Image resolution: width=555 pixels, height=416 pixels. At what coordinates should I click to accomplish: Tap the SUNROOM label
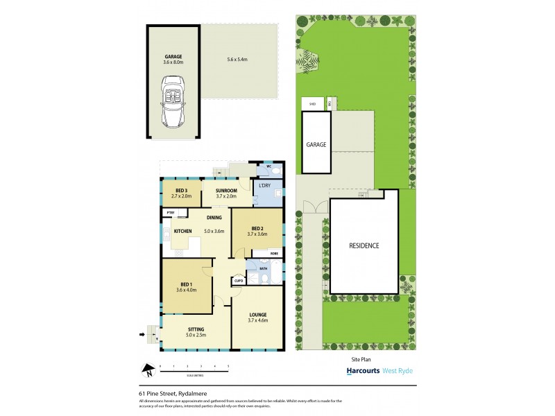pos(226,193)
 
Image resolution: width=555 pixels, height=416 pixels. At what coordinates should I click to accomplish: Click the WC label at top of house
pos(269,166)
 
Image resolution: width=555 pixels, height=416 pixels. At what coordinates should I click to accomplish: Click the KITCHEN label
pos(182,231)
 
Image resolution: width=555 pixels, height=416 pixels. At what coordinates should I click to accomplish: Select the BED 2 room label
pos(257,231)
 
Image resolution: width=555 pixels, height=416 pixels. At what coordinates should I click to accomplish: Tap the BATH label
pos(264,268)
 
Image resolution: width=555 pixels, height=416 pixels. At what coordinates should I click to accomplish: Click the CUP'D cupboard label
pos(238,281)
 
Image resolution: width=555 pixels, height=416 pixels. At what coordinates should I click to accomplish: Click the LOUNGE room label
pos(257,318)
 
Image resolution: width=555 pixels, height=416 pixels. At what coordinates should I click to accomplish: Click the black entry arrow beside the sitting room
pos(143,335)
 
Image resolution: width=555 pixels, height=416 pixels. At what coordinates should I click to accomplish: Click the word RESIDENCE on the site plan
pos(364,246)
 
